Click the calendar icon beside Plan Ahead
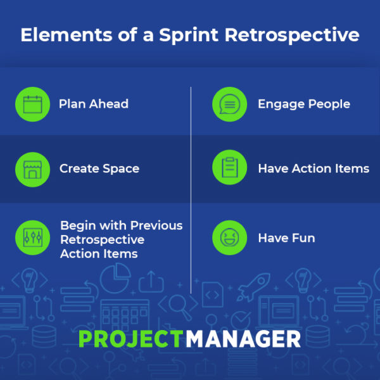click(x=33, y=104)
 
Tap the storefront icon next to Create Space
click(x=33, y=170)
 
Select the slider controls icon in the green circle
click(x=33, y=237)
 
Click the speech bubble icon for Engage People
click(x=229, y=104)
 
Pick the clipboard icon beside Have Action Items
click(x=230, y=167)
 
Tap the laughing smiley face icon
click(x=229, y=237)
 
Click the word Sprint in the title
click(x=189, y=35)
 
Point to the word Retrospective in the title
click(x=292, y=35)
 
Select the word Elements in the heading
click(x=66, y=35)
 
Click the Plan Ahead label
click(x=94, y=104)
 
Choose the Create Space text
click(x=99, y=168)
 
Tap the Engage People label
click(x=304, y=104)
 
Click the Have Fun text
click(x=286, y=237)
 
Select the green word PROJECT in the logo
click(x=131, y=339)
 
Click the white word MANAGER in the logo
click(x=243, y=339)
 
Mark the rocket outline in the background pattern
click(x=254, y=287)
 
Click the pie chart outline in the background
click(x=115, y=278)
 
